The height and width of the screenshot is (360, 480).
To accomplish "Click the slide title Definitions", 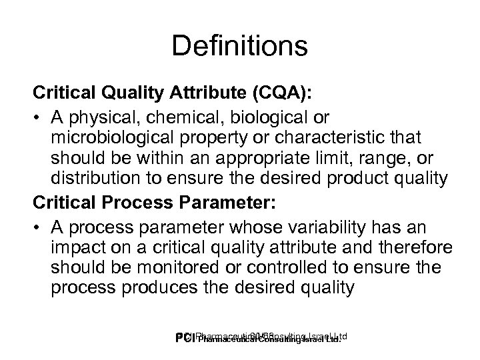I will click(x=239, y=47).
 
